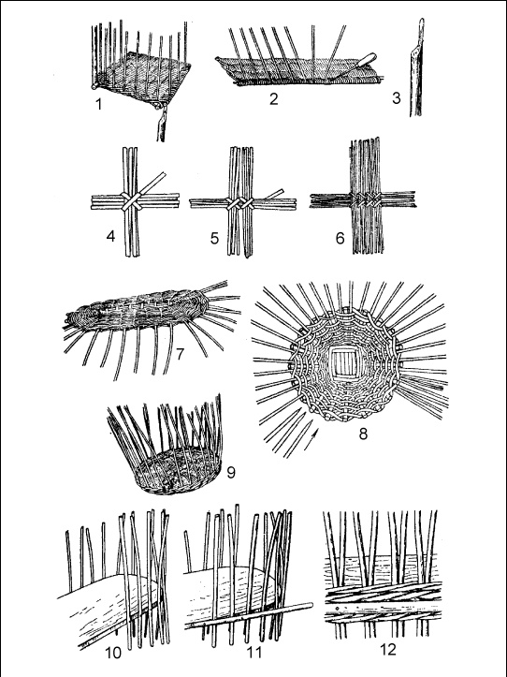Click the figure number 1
[99, 104]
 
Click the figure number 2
[273, 99]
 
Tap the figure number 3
[396, 98]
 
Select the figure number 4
[111, 237]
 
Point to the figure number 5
[215, 238]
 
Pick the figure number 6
[340, 238]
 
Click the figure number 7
[180, 354]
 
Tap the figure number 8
[363, 434]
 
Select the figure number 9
[231, 473]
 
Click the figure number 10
[113, 654]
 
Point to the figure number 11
[253, 652]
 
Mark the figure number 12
[388, 650]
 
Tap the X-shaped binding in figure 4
[132, 201]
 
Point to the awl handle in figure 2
[366, 60]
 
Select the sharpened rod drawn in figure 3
[416, 67]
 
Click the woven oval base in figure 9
[179, 471]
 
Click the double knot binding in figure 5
[241, 203]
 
